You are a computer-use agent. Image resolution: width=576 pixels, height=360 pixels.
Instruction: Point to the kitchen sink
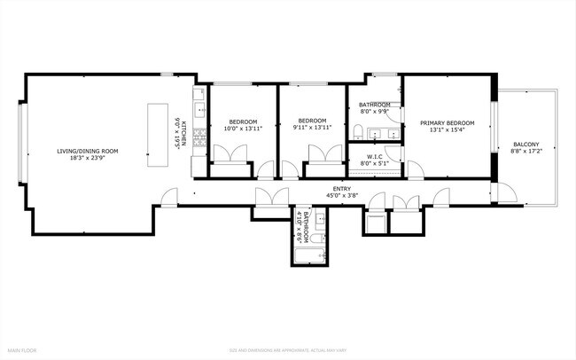click(201, 108)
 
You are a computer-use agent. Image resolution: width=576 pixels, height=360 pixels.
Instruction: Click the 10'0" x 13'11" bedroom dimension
click(243, 129)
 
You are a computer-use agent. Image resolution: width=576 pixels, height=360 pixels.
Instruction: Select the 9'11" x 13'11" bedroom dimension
click(312, 129)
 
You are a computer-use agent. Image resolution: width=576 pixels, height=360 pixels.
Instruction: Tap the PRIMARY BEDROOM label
click(447, 122)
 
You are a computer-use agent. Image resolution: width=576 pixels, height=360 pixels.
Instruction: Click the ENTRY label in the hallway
click(341, 188)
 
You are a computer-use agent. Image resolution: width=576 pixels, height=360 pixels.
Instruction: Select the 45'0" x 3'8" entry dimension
click(341, 195)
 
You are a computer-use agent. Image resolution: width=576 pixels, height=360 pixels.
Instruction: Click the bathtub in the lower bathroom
click(310, 256)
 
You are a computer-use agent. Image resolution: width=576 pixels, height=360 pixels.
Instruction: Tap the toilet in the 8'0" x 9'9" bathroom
click(356, 133)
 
